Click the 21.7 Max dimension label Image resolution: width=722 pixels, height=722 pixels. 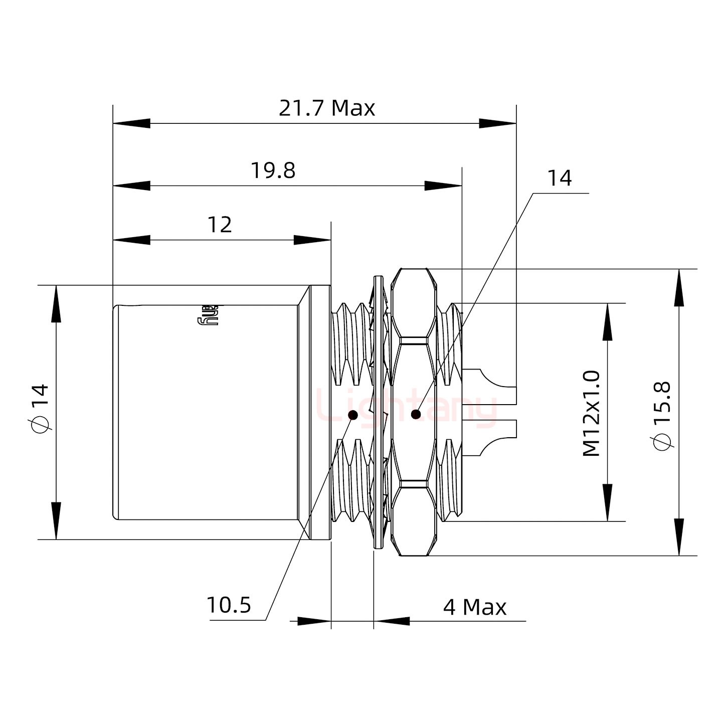pos(326,108)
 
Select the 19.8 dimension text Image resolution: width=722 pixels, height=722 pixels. pos(273,171)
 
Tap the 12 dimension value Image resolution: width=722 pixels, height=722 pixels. pos(220,225)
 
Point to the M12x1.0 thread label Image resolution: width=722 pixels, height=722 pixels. pos(592,413)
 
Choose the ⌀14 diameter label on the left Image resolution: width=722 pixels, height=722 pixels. pos(41,407)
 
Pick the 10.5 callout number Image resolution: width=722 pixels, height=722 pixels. pos(229,606)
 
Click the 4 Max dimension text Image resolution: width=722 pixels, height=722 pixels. pos(474,607)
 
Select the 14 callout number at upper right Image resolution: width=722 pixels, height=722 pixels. pos(559,178)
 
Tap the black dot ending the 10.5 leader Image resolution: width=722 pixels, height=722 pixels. pos(353,415)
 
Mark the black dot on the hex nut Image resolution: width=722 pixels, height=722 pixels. pos(416,414)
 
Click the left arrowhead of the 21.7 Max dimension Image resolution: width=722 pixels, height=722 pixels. pos(131,123)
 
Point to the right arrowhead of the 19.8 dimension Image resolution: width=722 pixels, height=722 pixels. pos(443,186)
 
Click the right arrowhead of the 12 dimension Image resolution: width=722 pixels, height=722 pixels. pos(312,240)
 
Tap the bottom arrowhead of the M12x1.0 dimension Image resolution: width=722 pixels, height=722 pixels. pos(608,503)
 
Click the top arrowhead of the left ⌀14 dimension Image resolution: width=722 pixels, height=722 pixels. pos(56,304)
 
